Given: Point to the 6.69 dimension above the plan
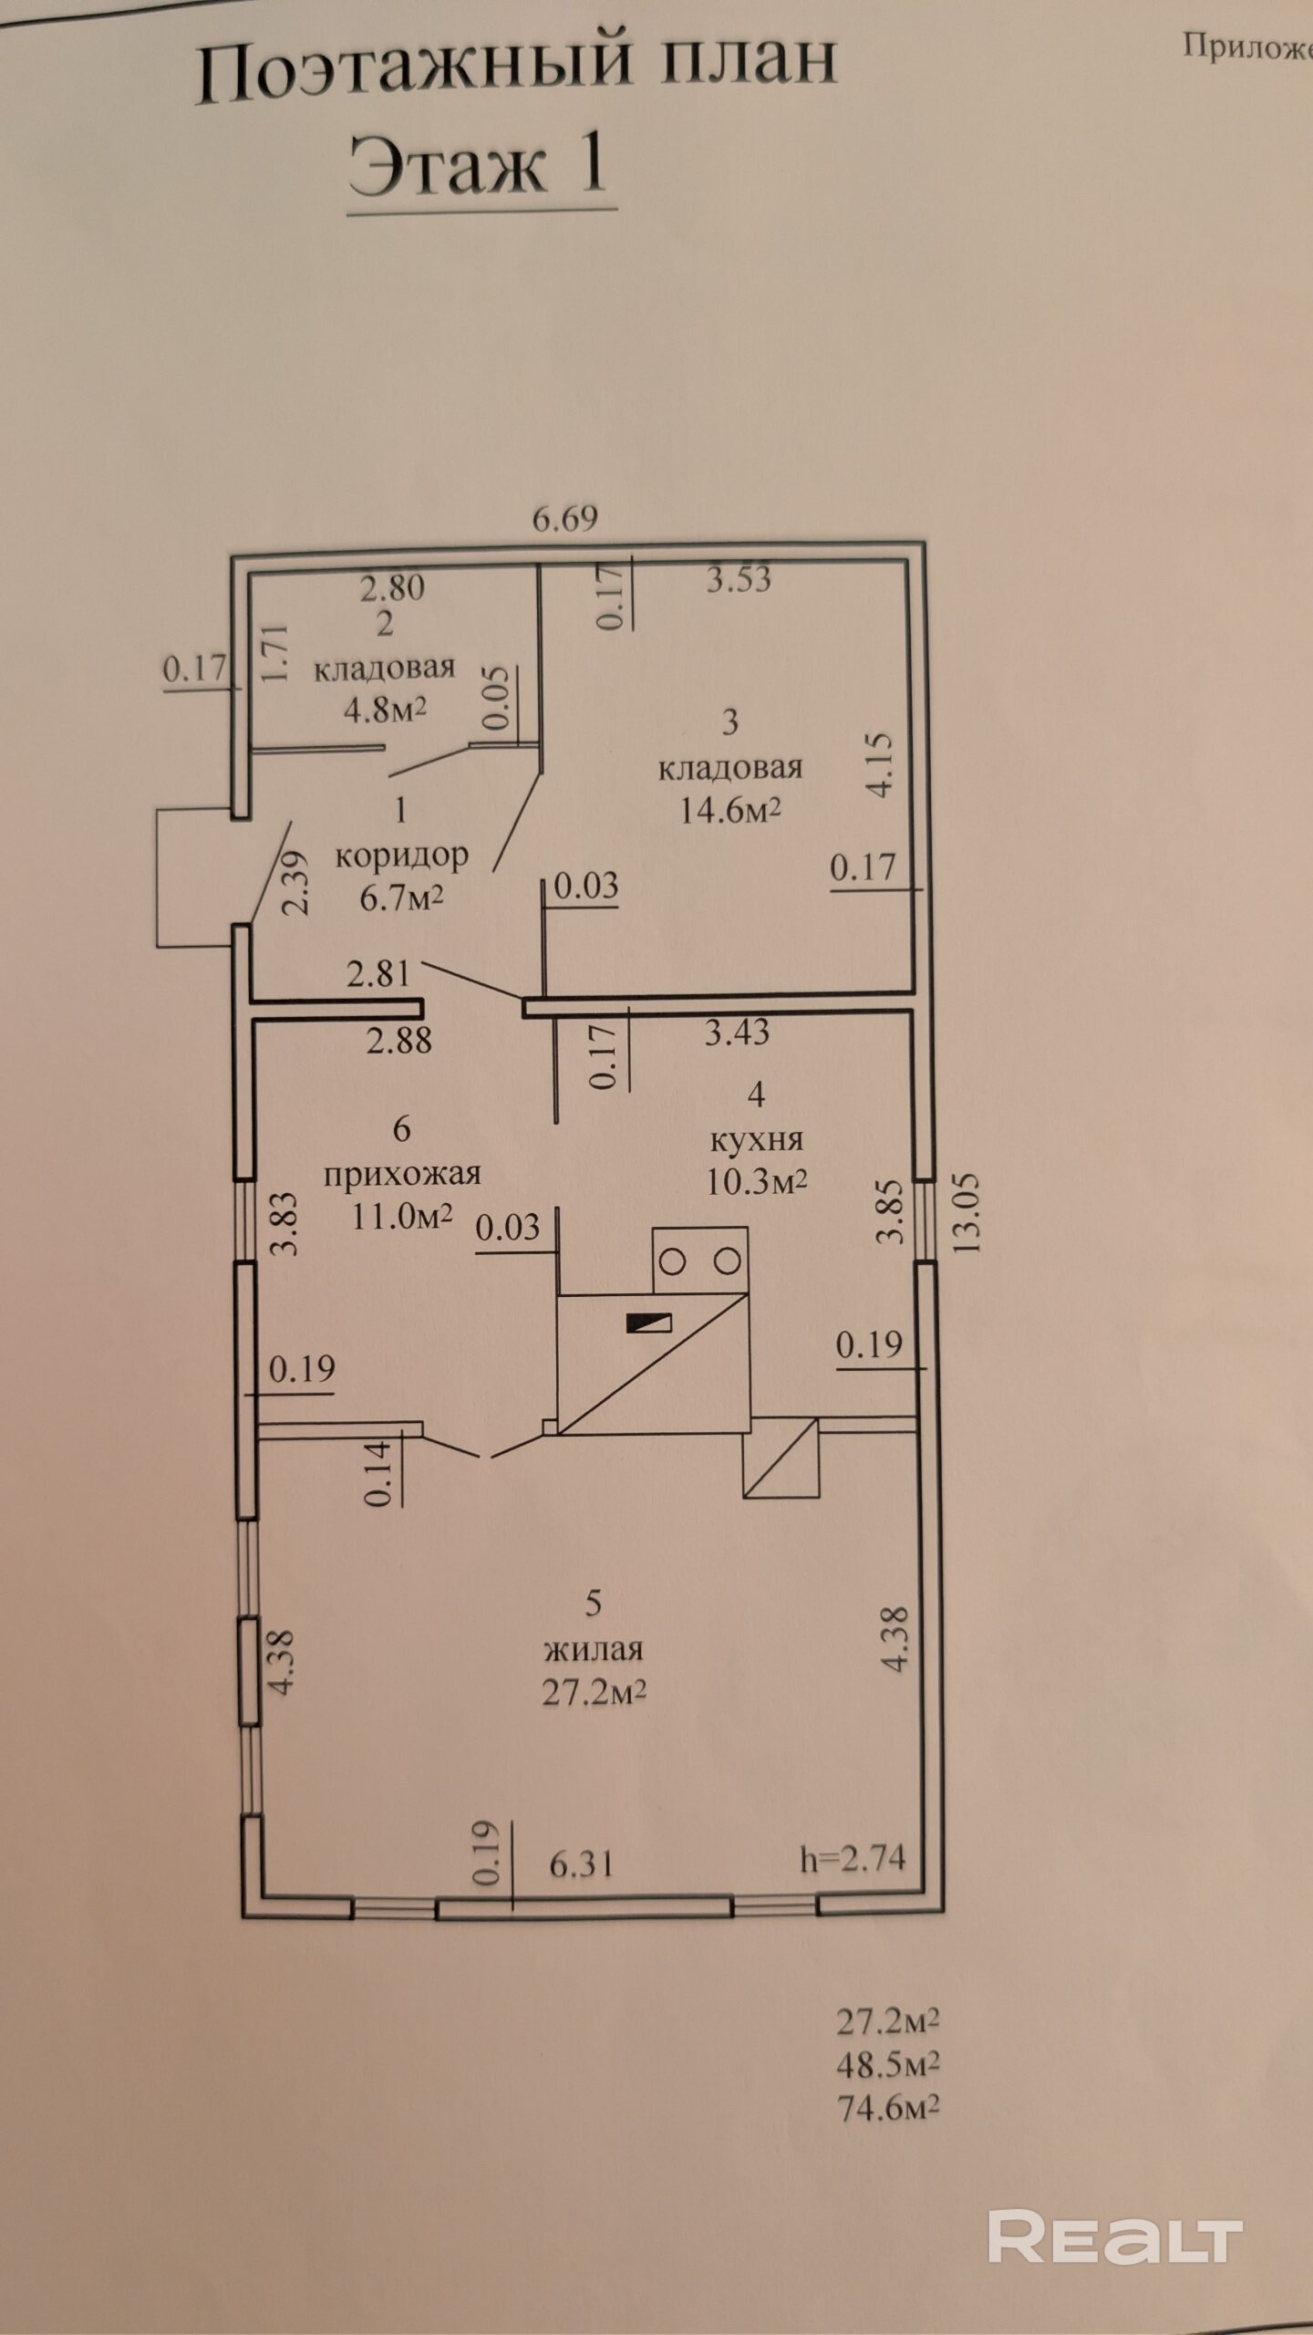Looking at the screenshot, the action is pos(565,519).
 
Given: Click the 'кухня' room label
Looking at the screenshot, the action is pos(756,1140).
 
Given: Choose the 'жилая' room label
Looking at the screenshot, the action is pos(594,1649).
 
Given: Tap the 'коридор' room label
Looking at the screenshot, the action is pos(402,856).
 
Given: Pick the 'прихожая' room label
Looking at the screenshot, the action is pos(402,1175).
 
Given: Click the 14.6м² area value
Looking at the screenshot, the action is pos(730,810).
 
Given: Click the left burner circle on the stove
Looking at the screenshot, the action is pos(673,1262).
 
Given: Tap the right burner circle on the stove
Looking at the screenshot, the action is pos(727,1262).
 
